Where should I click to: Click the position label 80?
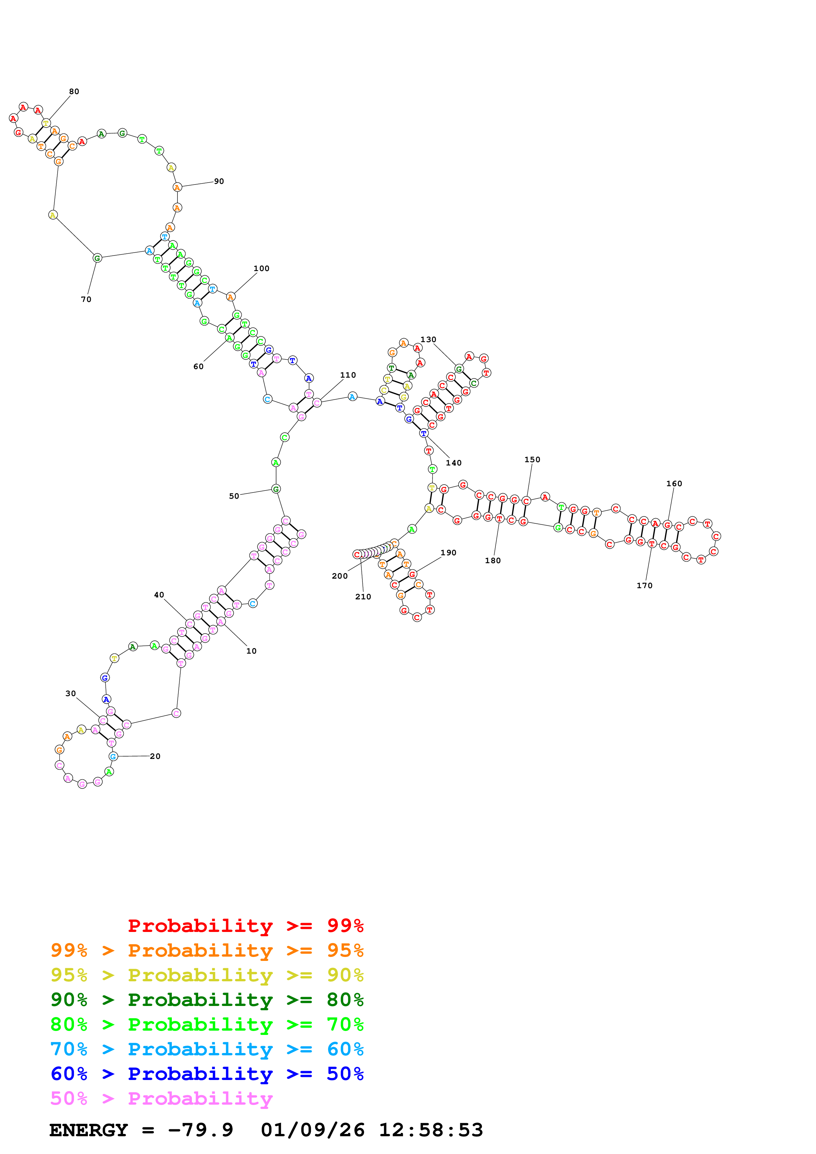[74, 91]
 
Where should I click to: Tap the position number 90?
[219, 182]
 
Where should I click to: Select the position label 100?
[261, 268]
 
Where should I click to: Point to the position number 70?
[86, 300]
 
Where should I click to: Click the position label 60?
[198, 367]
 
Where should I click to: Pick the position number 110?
[348, 375]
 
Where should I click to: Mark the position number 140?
[454, 463]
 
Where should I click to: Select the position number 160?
[674, 484]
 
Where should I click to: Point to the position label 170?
[645, 586]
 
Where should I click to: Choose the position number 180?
[493, 561]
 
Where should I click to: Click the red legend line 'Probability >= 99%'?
[245, 925]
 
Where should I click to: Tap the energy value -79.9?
[200, 1130]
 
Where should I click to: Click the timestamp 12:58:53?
[431, 1130]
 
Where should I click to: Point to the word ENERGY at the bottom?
[89, 1130]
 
